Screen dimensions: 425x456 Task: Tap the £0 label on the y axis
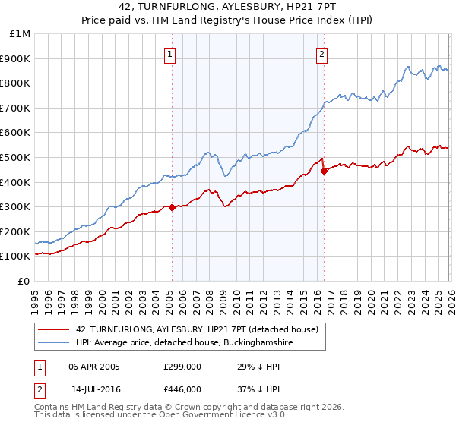(24, 281)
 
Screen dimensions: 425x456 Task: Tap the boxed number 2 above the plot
(322, 54)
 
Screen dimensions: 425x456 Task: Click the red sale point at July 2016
(324, 171)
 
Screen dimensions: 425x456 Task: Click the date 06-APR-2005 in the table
(94, 366)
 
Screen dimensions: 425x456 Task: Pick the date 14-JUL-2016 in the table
(94, 389)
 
